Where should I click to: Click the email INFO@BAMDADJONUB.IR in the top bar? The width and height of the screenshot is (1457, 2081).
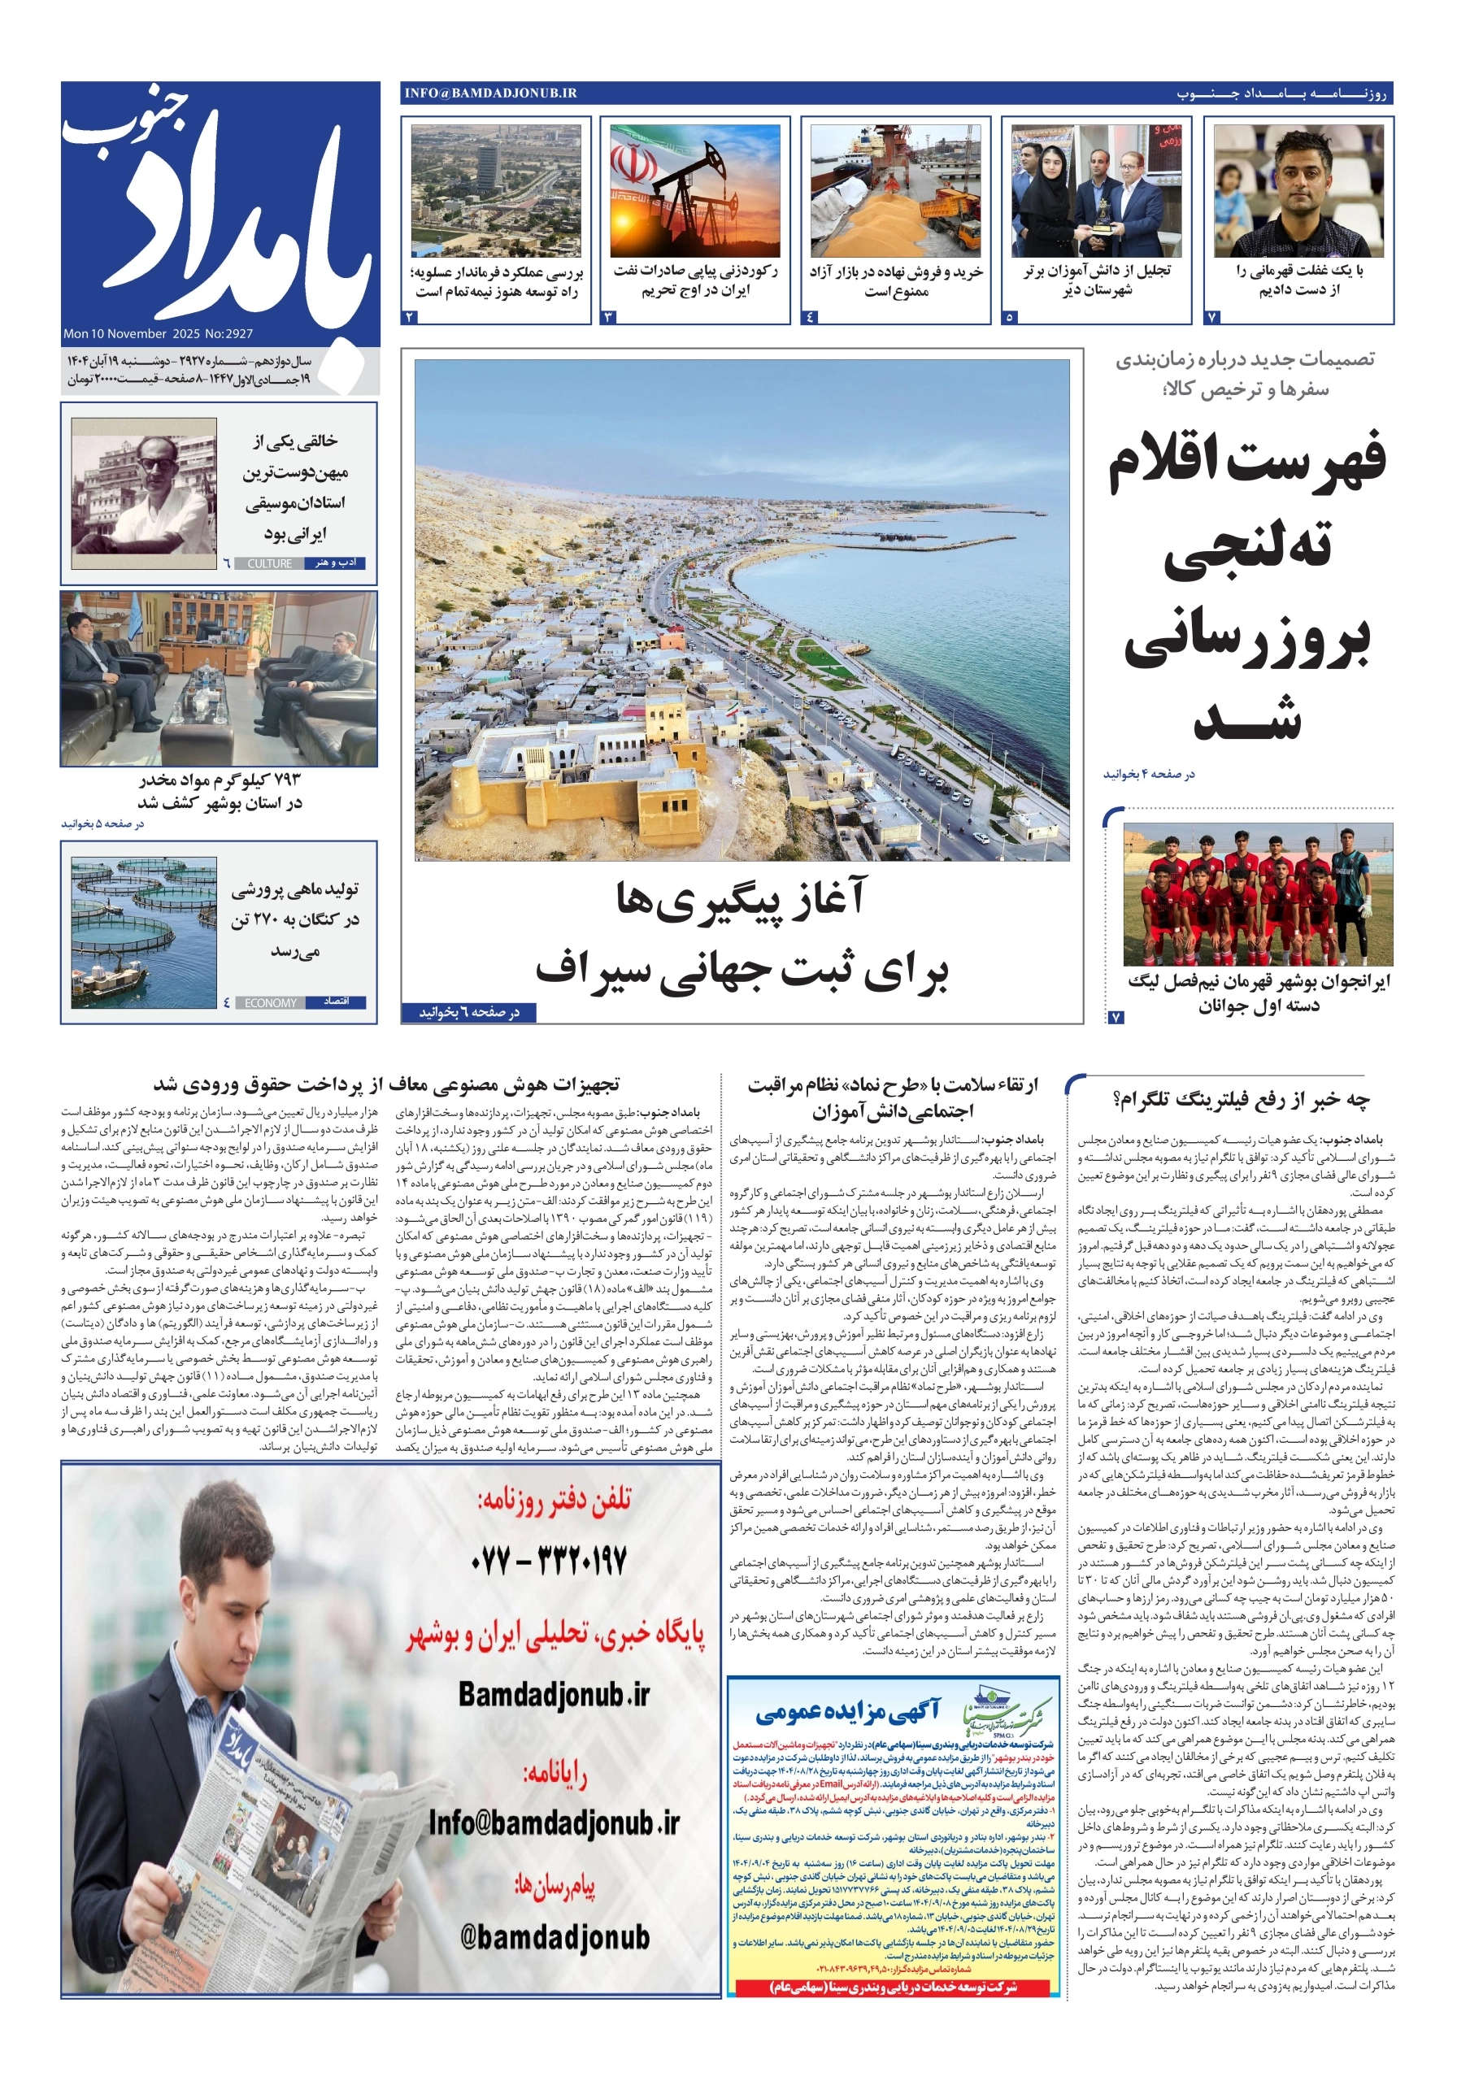pyautogui.click(x=490, y=93)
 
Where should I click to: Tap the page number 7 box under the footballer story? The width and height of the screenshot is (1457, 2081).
pyautogui.click(x=1213, y=317)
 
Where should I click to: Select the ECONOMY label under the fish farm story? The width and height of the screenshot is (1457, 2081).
pyautogui.click(x=270, y=1002)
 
